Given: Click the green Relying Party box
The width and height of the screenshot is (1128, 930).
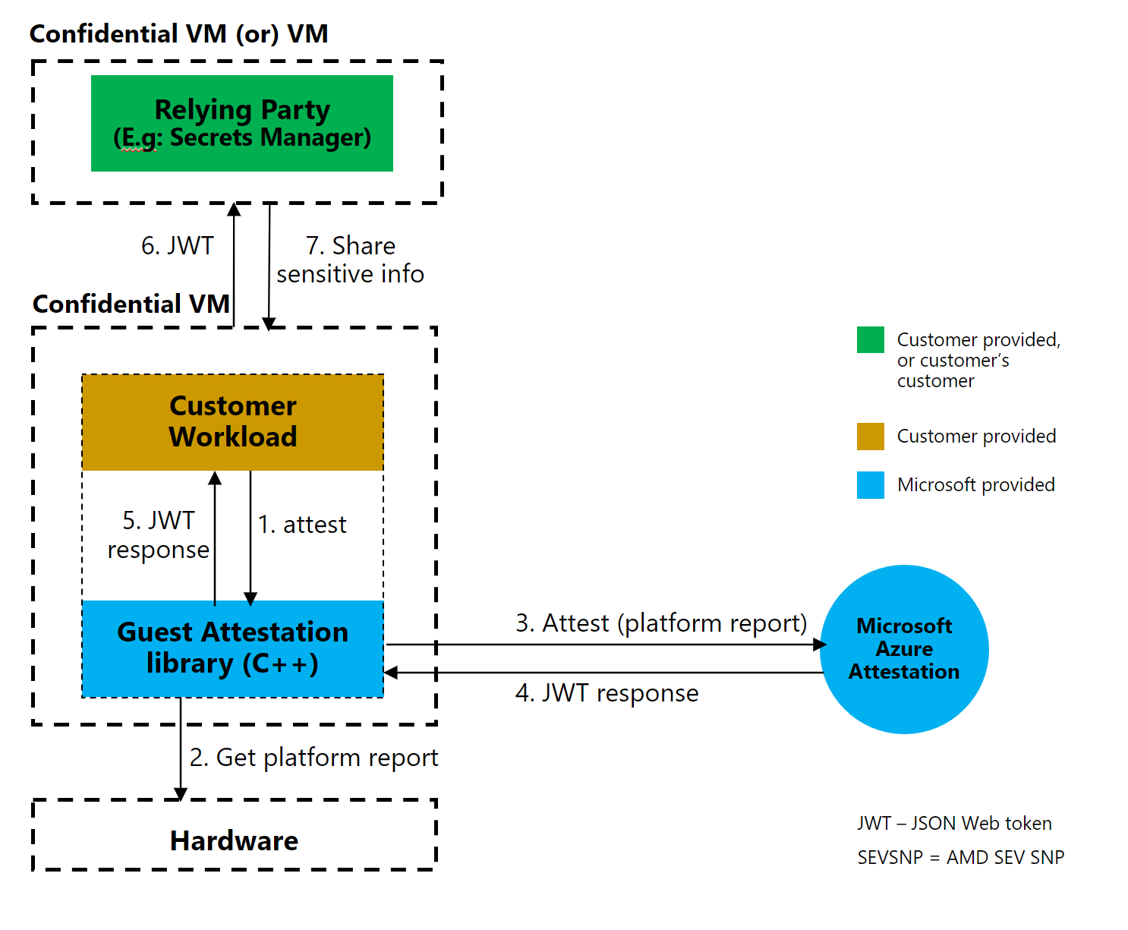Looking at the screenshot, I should [x=241, y=123].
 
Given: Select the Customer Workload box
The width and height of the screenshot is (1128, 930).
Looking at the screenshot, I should [x=232, y=422].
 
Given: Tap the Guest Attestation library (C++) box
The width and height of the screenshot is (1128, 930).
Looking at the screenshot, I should [x=232, y=648].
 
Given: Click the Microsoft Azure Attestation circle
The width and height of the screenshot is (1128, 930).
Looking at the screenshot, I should [x=904, y=649].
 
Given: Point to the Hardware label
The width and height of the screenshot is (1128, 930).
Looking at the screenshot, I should [x=234, y=840].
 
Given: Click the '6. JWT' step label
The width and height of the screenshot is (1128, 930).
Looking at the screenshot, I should [x=178, y=246].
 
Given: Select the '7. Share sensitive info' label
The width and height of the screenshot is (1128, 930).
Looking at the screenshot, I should [x=350, y=260].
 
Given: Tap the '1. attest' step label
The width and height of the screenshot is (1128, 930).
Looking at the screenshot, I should [x=302, y=525].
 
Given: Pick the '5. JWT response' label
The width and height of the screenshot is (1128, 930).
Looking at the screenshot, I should [x=158, y=535].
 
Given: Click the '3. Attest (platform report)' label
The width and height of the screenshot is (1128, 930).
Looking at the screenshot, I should [x=661, y=623].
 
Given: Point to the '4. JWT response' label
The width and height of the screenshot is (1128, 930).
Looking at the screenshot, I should [x=607, y=693].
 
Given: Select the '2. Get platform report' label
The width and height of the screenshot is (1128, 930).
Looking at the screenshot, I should [x=314, y=758].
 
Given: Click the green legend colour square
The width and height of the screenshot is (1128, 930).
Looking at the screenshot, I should [x=870, y=340].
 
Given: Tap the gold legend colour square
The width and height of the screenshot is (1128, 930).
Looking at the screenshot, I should [x=870, y=437].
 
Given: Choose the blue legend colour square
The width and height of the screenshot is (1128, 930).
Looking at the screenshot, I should [x=870, y=485].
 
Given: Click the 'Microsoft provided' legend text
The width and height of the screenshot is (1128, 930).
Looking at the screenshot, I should [x=975, y=485].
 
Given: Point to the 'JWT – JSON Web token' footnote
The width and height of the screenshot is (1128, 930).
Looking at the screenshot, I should [x=954, y=824].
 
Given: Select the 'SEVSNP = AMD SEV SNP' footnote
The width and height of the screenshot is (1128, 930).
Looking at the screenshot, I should [x=960, y=858].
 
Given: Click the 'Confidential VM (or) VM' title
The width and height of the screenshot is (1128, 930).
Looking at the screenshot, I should [x=178, y=34].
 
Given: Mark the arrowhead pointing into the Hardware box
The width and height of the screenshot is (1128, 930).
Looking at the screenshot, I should [x=181, y=794].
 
